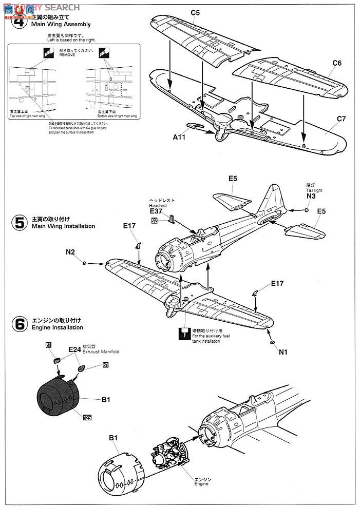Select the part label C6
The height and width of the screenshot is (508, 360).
point(337,63)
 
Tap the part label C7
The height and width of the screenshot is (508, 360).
point(342,119)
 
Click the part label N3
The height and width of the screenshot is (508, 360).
point(310,196)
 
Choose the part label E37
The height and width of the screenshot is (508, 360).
point(156,211)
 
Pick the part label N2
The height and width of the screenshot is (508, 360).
point(70,251)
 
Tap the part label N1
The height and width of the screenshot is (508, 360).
point(283,352)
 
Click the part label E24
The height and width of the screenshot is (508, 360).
point(74,349)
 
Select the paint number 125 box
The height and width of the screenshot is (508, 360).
point(87,418)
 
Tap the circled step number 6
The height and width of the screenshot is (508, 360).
point(20,324)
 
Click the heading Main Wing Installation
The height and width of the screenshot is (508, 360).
point(63,226)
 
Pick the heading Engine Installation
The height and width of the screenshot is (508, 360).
point(57,327)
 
